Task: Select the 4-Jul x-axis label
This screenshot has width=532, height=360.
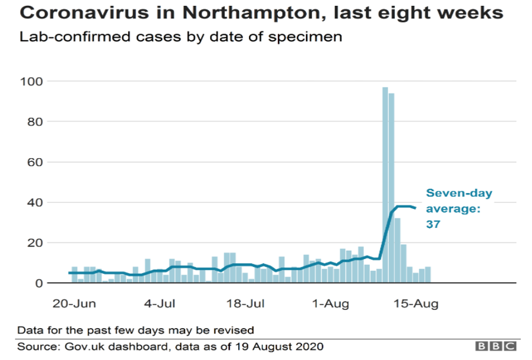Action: tap(159, 304)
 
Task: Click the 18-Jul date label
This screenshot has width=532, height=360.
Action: tap(246, 304)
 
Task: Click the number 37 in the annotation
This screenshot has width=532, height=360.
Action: tap(434, 225)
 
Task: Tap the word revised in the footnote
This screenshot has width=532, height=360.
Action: tap(234, 329)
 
